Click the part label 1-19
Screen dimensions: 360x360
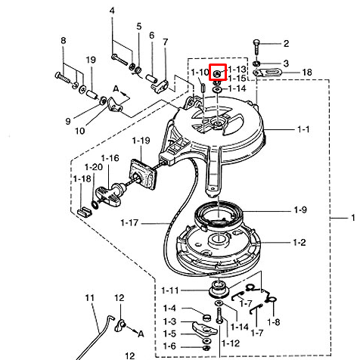(x=141, y=141)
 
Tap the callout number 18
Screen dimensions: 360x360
(x=307, y=73)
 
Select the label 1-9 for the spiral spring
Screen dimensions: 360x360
(x=300, y=209)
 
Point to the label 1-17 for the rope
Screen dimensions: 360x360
(x=129, y=223)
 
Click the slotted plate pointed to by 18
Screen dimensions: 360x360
(x=268, y=73)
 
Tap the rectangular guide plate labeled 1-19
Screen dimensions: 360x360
(x=142, y=175)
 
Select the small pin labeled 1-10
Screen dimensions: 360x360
(x=203, y=88)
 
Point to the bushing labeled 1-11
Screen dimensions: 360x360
(x=219, y=289)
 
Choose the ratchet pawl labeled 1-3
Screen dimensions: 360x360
(x=204, y=328)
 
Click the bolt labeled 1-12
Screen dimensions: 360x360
(x=219, y=316)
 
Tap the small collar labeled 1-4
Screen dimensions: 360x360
(x=207, y=316)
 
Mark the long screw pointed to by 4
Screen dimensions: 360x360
(x=119, y=59)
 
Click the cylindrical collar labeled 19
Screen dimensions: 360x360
(x=92, y=95)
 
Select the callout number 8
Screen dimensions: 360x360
(x=63, y=40)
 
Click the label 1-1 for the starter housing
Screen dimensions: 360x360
(x=303, y=129)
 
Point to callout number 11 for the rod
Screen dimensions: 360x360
(x=90, y=298)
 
